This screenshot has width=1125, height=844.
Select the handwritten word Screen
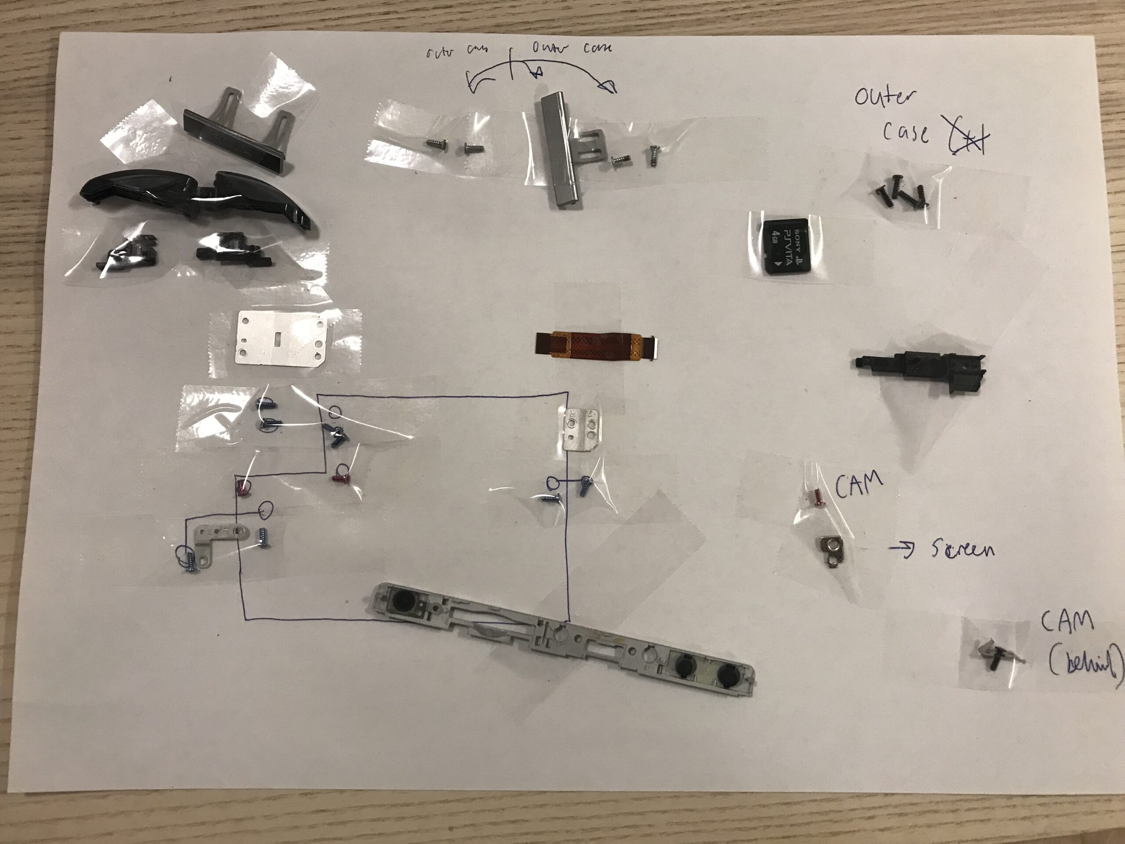pos(963,549)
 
